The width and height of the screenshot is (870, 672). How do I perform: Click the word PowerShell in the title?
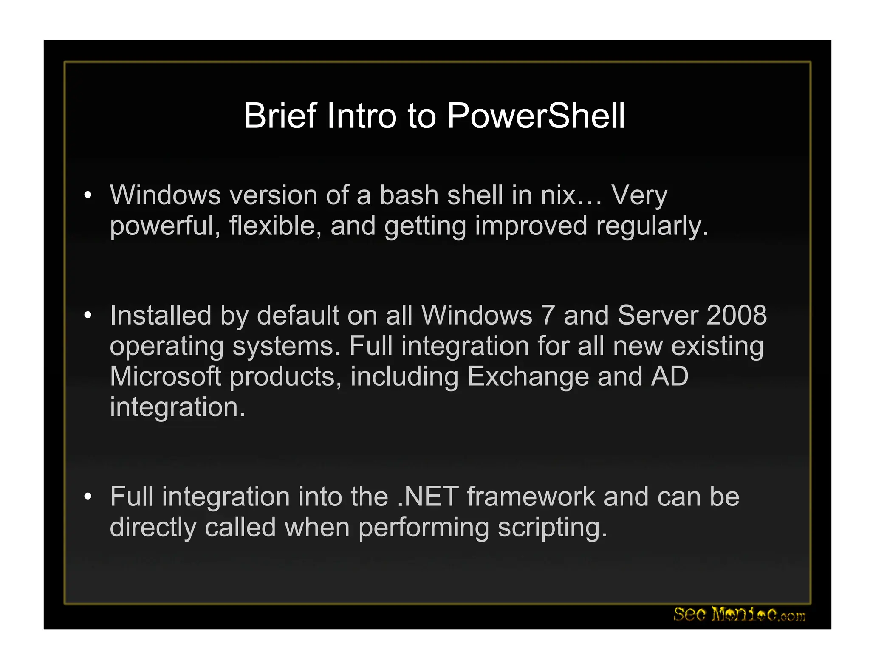(x=536, y=116)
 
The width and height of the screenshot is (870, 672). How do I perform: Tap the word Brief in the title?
(x=280, y=116)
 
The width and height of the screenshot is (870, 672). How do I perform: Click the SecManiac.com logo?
(x=739, y=614)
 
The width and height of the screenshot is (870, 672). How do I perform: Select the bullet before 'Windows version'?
(x=88, y=196)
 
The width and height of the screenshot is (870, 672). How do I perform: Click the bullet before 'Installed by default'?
(x=88, y=316)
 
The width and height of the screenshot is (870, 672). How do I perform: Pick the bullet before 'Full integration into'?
(x=88, y=497)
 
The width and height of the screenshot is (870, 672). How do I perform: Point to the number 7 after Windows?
(x=548, y=316)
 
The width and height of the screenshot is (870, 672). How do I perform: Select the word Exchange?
(x=527, y=377)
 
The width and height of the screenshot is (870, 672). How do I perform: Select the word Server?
(x=658, y=316)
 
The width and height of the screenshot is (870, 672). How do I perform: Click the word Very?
(x=639, y=196)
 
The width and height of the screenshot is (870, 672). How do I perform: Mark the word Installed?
(x=161, y=316)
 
